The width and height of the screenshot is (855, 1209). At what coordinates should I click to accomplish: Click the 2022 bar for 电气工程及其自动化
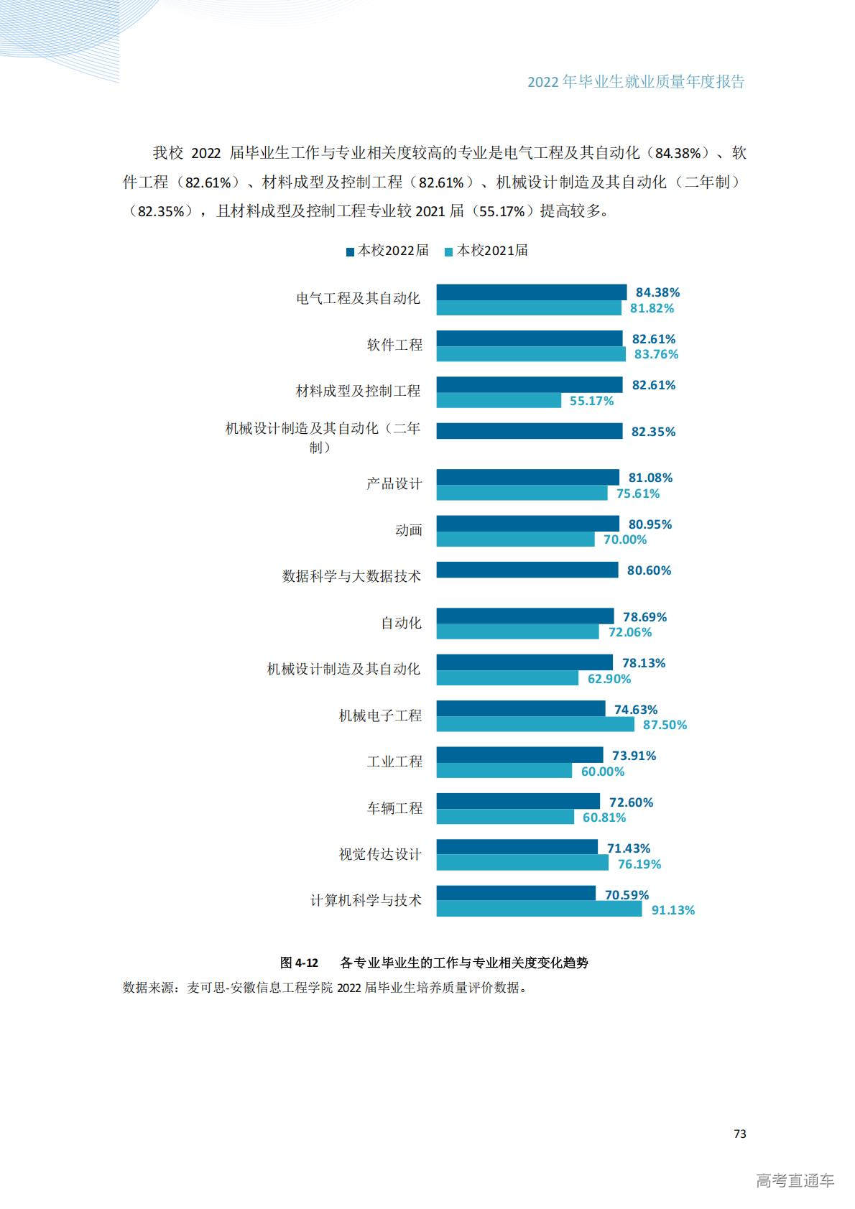[531, 292]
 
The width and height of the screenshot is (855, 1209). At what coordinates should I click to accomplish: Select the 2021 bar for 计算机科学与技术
[539, 909]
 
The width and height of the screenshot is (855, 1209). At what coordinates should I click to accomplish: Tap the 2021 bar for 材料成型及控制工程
[499, 400]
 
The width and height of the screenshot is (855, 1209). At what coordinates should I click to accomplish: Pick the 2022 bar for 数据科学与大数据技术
[527, 570]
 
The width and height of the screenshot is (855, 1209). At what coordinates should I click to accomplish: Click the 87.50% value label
[665, 725]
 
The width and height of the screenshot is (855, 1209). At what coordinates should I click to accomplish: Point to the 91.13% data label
[673, 910]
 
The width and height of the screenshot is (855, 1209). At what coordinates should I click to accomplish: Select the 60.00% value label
[603, 772]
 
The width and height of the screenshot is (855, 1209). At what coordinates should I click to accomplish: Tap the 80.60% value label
[649, 570]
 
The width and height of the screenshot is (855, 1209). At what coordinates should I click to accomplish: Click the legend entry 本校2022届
[388, 251]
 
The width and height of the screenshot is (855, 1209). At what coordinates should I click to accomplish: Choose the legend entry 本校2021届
[487, 251]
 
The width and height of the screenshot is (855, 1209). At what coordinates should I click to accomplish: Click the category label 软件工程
[394, 345]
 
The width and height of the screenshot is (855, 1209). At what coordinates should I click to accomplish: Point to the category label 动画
[408, 530]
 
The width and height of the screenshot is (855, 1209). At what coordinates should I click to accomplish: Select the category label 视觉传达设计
[380, 854]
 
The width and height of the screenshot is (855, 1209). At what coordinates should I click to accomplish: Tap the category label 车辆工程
[394, 808]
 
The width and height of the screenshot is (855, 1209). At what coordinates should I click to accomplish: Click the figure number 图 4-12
[299, 963]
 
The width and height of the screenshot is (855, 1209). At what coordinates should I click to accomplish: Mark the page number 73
[739, 1134]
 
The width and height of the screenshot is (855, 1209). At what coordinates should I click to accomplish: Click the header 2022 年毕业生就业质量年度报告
[636, 82]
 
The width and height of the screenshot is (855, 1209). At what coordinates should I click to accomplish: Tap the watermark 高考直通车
[795, 1180]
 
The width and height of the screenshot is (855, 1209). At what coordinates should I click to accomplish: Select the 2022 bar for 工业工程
[519, 755]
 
